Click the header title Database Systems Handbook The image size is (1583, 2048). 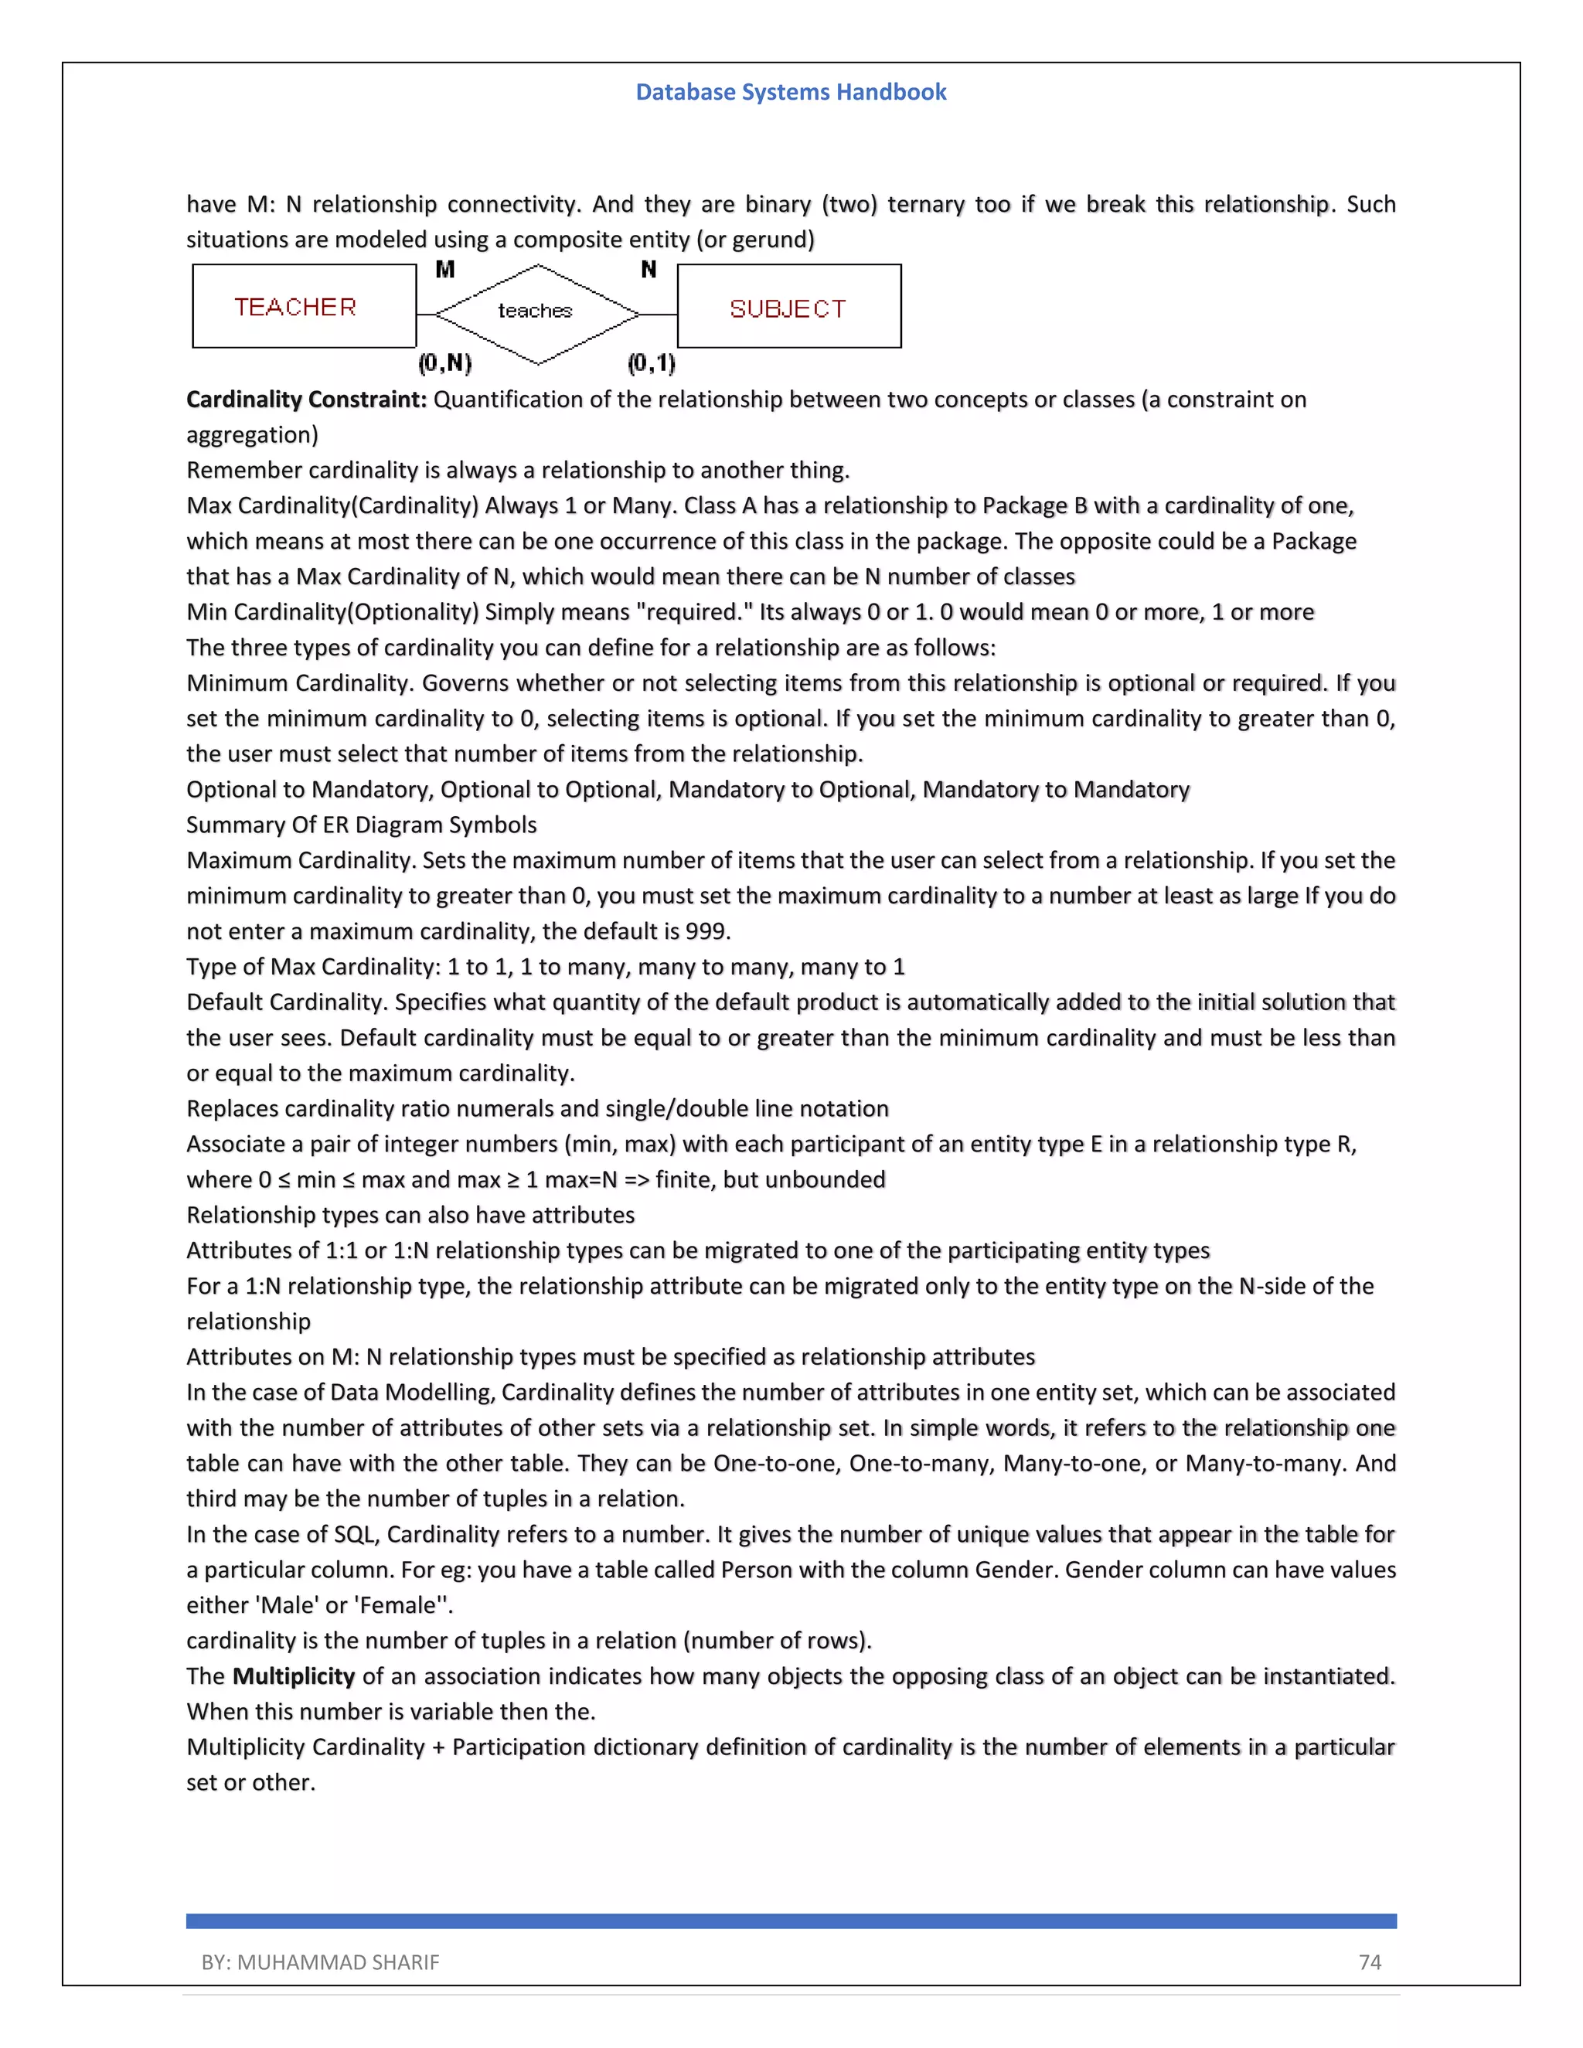[x=791, y=92]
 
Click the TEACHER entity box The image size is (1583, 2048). [x=304, y=307]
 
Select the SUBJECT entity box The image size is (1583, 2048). [x=788, y=308]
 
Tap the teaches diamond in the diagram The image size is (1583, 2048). [x=536, y=312]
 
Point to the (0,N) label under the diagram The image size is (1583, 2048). [x=445, y=363]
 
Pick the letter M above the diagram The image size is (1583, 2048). [x=445, y=270]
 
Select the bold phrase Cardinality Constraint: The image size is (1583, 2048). [x=307, y=400]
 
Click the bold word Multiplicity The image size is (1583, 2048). [x=294, y=1675]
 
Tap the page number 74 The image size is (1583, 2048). [x=1369, y=1961]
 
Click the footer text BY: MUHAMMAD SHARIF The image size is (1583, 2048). [x=320, y=1961]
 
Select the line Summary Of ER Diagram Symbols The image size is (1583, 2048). [x=361, y=825]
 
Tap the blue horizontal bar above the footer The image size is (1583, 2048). [x=791, y=1920]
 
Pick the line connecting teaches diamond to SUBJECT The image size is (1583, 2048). [x=659, y=314]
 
